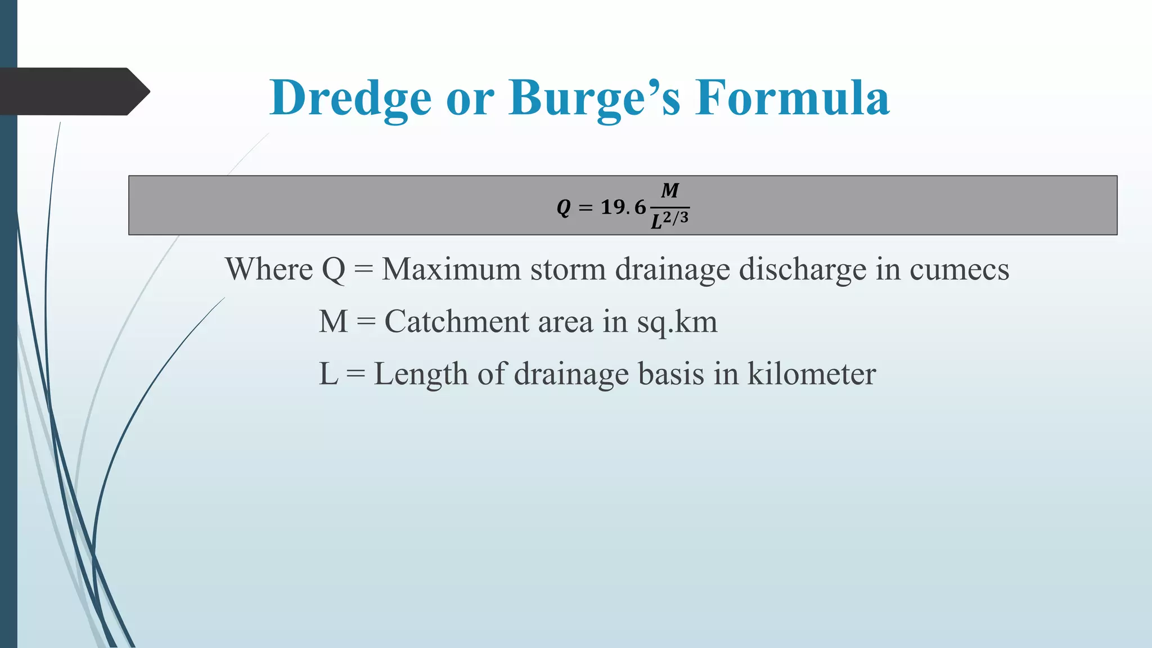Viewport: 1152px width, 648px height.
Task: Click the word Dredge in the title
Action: click(350, 98)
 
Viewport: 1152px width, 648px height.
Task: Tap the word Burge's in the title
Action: click(594, 98)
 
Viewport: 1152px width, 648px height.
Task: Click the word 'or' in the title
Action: click(470, 99)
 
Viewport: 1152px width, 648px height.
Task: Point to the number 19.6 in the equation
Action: click(623, 207)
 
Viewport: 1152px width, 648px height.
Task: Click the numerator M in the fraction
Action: click(670, 191)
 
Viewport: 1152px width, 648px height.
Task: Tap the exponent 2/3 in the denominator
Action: click(676, 217)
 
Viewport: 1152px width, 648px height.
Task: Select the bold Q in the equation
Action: click(564, 208)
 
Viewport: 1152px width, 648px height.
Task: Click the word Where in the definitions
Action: click(269, 269)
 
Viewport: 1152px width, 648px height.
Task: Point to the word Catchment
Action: click(457, 322)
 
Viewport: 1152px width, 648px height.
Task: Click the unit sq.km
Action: click(677, 323)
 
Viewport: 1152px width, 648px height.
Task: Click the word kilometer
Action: click(811, 374)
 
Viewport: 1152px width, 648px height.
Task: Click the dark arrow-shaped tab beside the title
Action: click(73, 91)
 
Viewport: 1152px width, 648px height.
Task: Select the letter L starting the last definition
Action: click(328, 374)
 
